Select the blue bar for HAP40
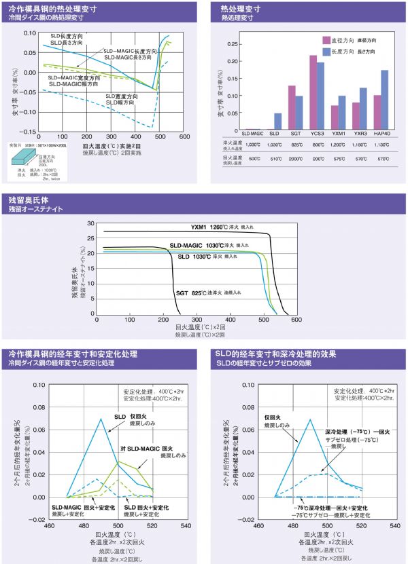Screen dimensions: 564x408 point(384,100)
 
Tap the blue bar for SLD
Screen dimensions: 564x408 point(277,122)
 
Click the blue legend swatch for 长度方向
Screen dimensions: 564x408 point(326,52)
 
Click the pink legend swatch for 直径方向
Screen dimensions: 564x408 point(326,40)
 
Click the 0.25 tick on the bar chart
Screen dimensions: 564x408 point(233,43)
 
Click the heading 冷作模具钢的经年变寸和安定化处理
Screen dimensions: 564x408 point(72,354)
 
